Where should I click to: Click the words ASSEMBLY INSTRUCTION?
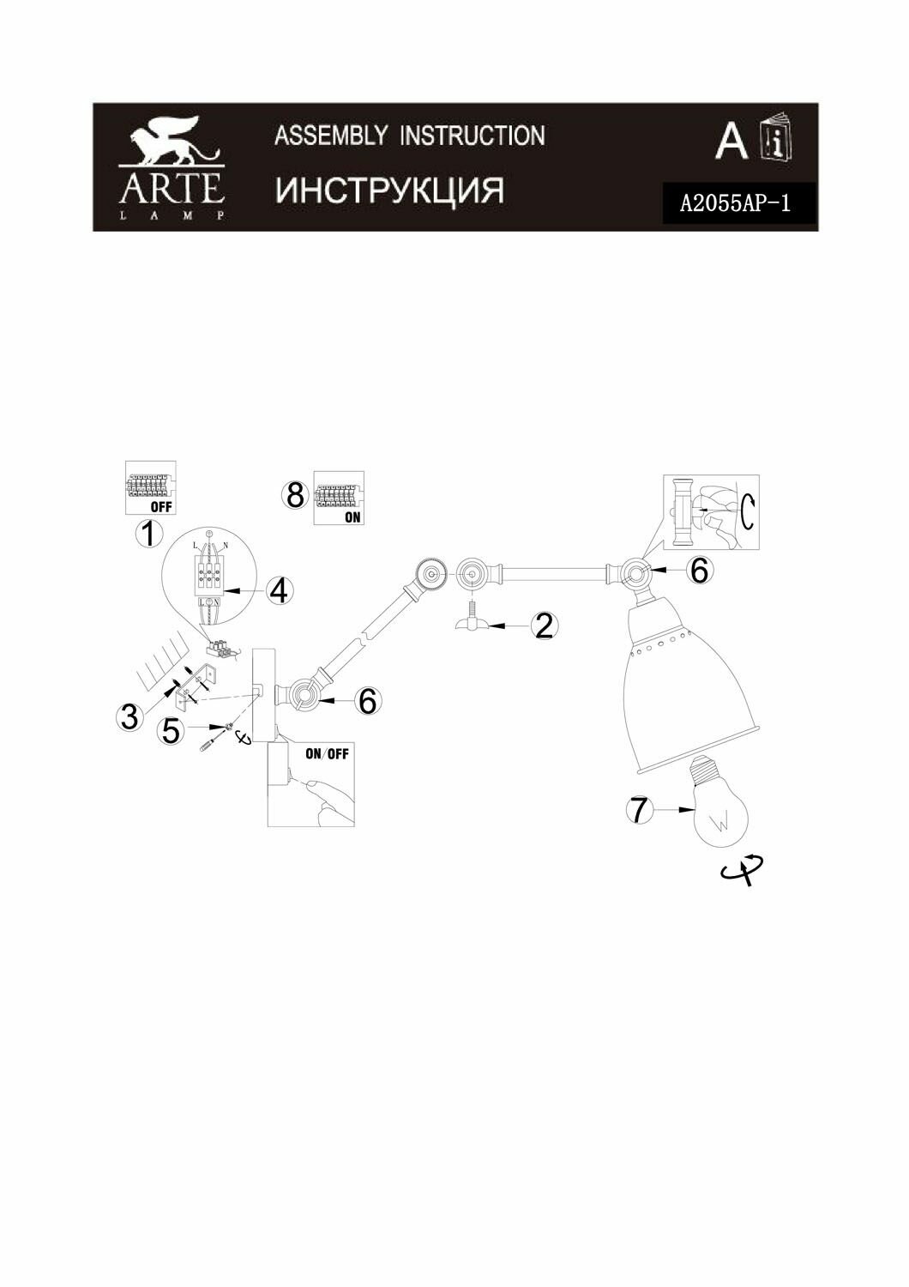click(409, 136)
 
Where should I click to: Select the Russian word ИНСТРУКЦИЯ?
click(389, 190)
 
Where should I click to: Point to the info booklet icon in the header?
click(777, 139)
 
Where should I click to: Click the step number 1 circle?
click(149, 535)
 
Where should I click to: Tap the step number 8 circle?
click(295, 495)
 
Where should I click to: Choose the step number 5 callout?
click(172, 730)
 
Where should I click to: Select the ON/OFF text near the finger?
click(327, 753)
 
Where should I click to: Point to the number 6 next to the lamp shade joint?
click(700, 570)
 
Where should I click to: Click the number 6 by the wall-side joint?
click(367, 701)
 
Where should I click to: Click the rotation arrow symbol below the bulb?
click(743, 869)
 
